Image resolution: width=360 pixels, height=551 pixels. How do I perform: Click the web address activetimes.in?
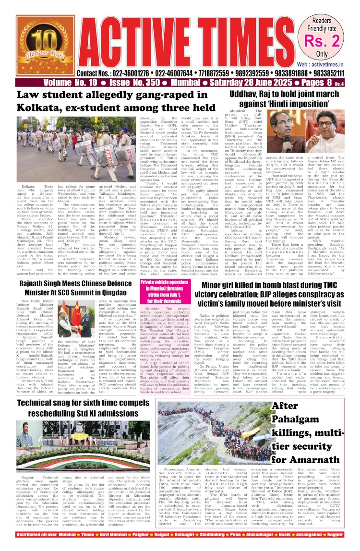327,63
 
